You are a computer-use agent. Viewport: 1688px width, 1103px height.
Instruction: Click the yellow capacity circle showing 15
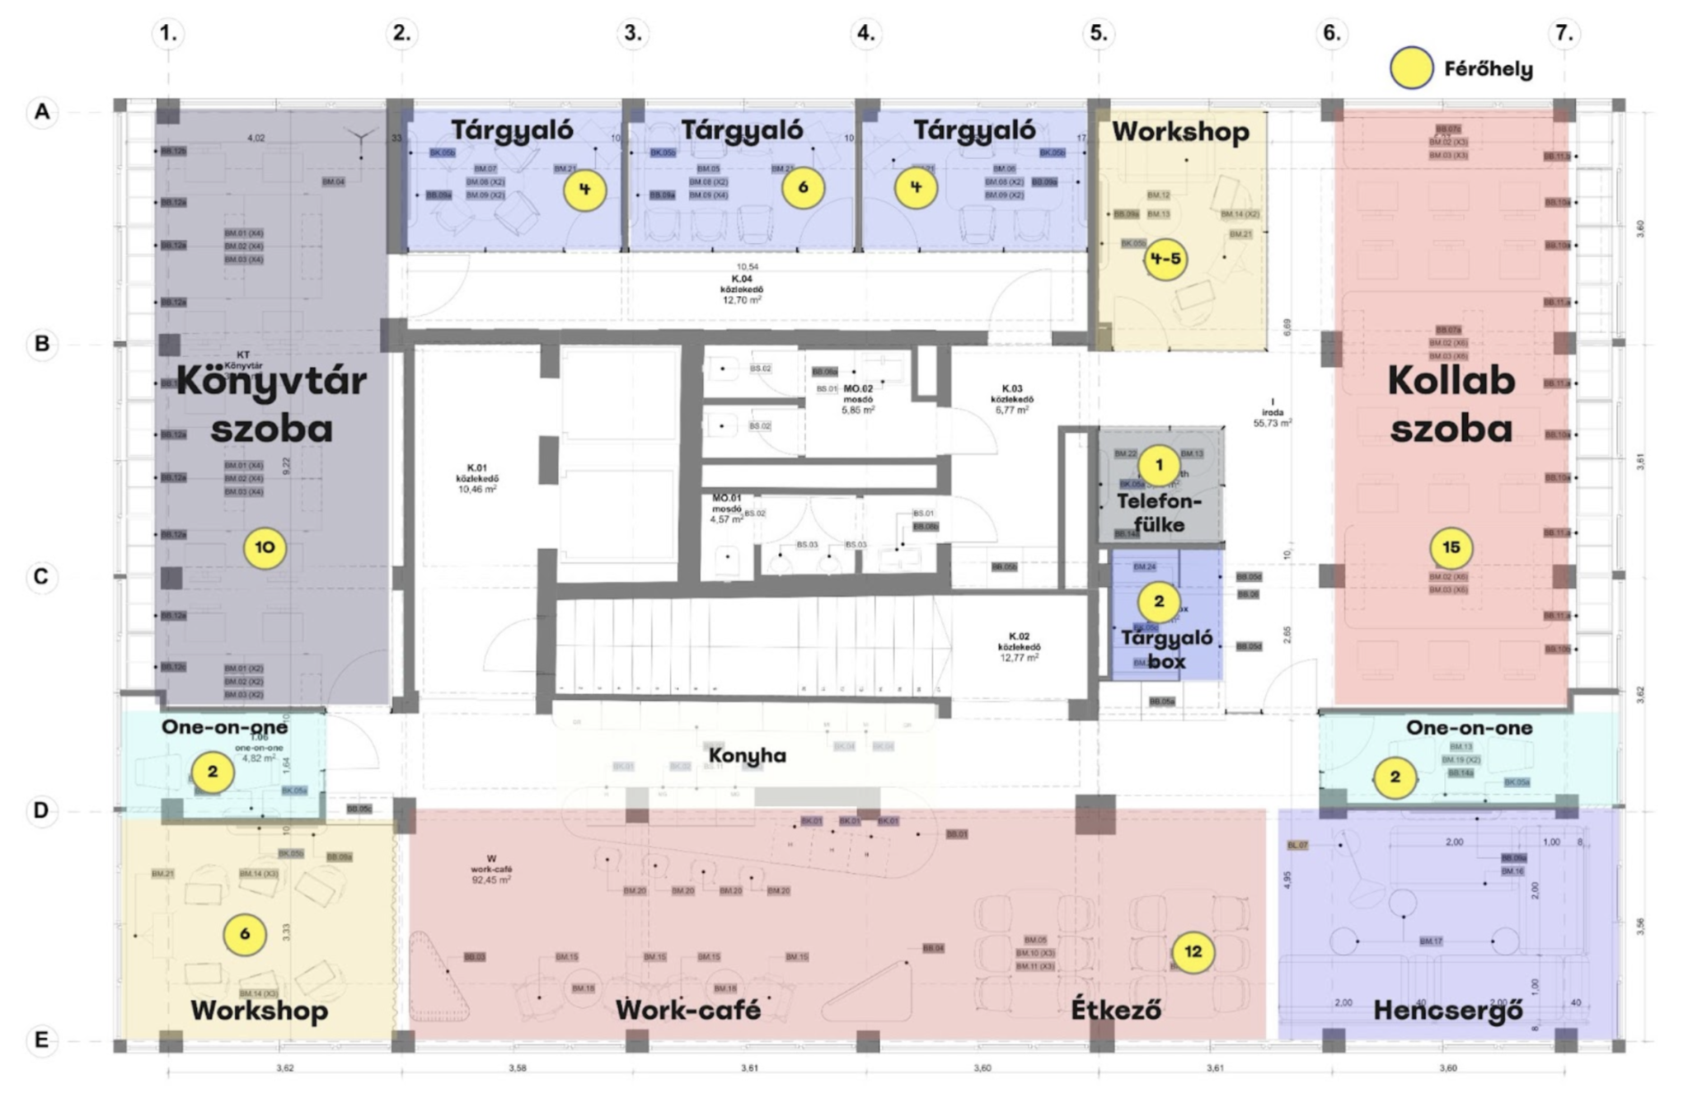point(1451,547)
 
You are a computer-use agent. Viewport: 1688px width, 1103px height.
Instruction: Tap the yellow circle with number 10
point(265,547)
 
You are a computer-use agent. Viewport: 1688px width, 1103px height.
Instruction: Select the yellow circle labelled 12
point(1193,952)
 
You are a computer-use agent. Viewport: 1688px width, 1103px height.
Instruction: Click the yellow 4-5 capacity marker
point(1165,259)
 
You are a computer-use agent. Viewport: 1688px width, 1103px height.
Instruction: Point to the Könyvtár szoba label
point(271,404)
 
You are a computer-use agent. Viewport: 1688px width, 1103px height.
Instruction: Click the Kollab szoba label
point(1451,404)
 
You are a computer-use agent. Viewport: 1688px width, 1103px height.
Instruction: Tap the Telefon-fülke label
point(1159,513)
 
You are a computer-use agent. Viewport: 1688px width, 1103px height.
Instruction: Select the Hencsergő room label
point(1447,1011)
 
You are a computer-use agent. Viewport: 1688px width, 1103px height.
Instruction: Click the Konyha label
point(748,755)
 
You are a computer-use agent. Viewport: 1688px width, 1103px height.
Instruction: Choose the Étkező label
point(1116,1010)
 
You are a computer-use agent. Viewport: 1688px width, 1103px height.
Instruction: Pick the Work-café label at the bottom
point(688,1010)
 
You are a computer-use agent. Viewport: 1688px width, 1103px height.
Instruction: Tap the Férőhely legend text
point(1488,69)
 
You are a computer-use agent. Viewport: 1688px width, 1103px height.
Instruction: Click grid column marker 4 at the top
point(865,33)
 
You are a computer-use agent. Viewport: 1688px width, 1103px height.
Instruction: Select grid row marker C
point(41,576)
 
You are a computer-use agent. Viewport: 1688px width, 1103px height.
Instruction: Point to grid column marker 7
point(1564,33)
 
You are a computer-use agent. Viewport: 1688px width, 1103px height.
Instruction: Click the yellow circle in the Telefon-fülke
point(1159,465)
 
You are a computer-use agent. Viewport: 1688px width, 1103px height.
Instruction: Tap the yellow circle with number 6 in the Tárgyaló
point(802,188)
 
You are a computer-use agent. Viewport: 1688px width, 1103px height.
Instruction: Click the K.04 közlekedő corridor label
point(742,284)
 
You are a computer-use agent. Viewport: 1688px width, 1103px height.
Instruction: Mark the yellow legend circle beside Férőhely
point(1411,68)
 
